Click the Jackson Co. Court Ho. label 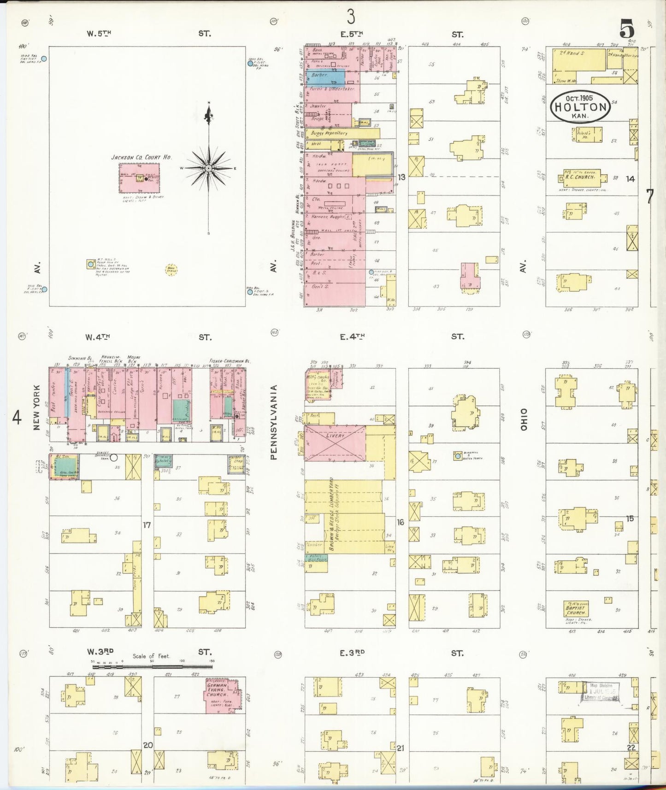pos(141,157)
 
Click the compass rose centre pos(209,168)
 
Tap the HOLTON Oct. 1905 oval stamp pos(580,107)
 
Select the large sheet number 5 pos(627,29)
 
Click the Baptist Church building pos(576,609)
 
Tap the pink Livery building pos(335,442)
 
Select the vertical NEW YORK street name pos(37,408)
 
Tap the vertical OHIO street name pos(524,419)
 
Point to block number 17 pos(147,525)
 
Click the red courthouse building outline pos(140,177)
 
